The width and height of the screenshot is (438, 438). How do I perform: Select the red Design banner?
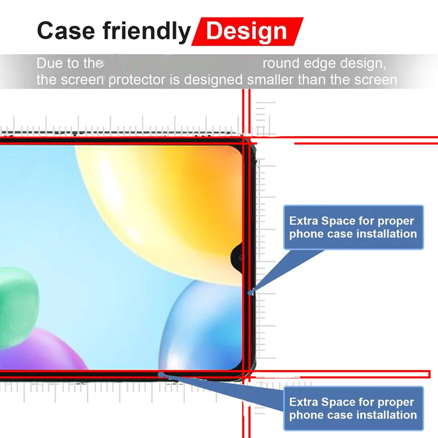[247, 31]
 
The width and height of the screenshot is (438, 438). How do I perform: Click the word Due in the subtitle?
[49, 64]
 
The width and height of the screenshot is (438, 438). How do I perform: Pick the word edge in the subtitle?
[323, 64]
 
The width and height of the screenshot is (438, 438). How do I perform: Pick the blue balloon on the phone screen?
[201, 324]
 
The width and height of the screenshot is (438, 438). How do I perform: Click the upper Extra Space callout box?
[353, 227]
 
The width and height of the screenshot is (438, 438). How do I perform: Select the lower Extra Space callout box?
[353, 408]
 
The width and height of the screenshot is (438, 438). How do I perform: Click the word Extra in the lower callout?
[304, 402]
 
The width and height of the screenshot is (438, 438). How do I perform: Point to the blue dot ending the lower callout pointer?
[161, 374]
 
